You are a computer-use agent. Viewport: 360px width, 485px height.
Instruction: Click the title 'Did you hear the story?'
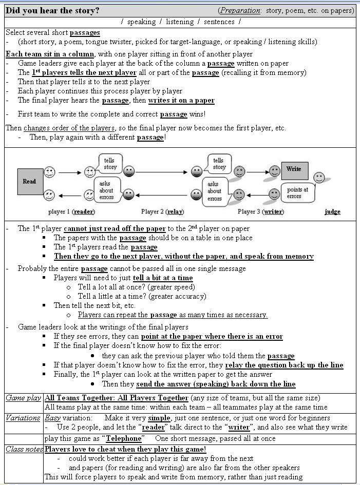coord(53,10)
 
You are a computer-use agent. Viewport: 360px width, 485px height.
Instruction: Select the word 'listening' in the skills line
coord(180,22)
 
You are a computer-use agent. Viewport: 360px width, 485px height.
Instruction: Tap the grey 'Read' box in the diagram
coord(30,181)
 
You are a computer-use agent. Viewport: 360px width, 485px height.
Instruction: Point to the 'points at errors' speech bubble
coord(298,193)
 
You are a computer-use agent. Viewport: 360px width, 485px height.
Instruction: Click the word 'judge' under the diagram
coord(332,211)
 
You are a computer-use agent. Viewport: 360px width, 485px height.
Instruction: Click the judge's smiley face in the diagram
coord(319,178)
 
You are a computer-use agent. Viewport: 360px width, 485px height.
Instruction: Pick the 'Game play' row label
coord(23,398)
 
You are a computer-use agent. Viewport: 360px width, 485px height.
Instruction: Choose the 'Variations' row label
coord(23,418)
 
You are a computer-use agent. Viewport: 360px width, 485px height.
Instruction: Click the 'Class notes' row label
coord(24,449)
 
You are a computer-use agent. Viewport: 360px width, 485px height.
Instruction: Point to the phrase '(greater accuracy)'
coord(176,296)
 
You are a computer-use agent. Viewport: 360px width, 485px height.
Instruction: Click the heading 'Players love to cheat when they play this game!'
coord(125,449)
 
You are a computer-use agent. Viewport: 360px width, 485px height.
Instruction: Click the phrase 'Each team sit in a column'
coord(50,54)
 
